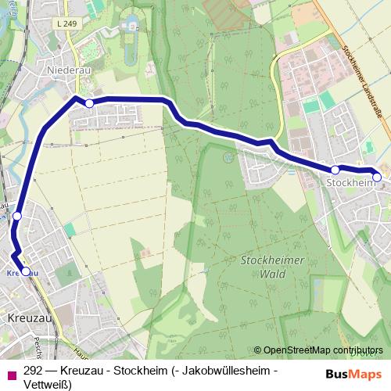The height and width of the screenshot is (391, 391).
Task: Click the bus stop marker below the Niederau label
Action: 89,103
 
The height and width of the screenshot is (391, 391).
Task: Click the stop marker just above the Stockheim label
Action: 335,170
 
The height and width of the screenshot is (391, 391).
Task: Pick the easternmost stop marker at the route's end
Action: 377,178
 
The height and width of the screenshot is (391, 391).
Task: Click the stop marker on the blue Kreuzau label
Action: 26,271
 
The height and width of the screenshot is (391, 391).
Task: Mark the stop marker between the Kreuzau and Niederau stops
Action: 17,215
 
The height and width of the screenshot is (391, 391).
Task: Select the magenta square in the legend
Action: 11,373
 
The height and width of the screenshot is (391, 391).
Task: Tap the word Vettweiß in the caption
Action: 47,384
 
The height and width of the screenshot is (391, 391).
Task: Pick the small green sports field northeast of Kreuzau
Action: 70,230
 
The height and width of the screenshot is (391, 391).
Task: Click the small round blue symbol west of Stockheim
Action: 228,157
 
